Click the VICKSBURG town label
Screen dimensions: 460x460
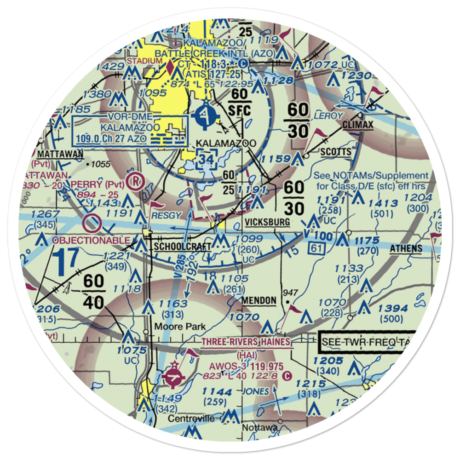coord(267,222)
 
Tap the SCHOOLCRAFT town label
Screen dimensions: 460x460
coord(183,247)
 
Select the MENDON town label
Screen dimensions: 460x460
coord(259,301)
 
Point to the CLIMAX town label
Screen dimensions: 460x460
coord(358,125)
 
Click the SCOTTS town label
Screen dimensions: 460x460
coord(336,152)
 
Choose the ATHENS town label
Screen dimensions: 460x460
coord(406,249)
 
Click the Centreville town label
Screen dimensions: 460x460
coord(190,419)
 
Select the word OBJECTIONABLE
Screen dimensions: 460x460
coord(91,241)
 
